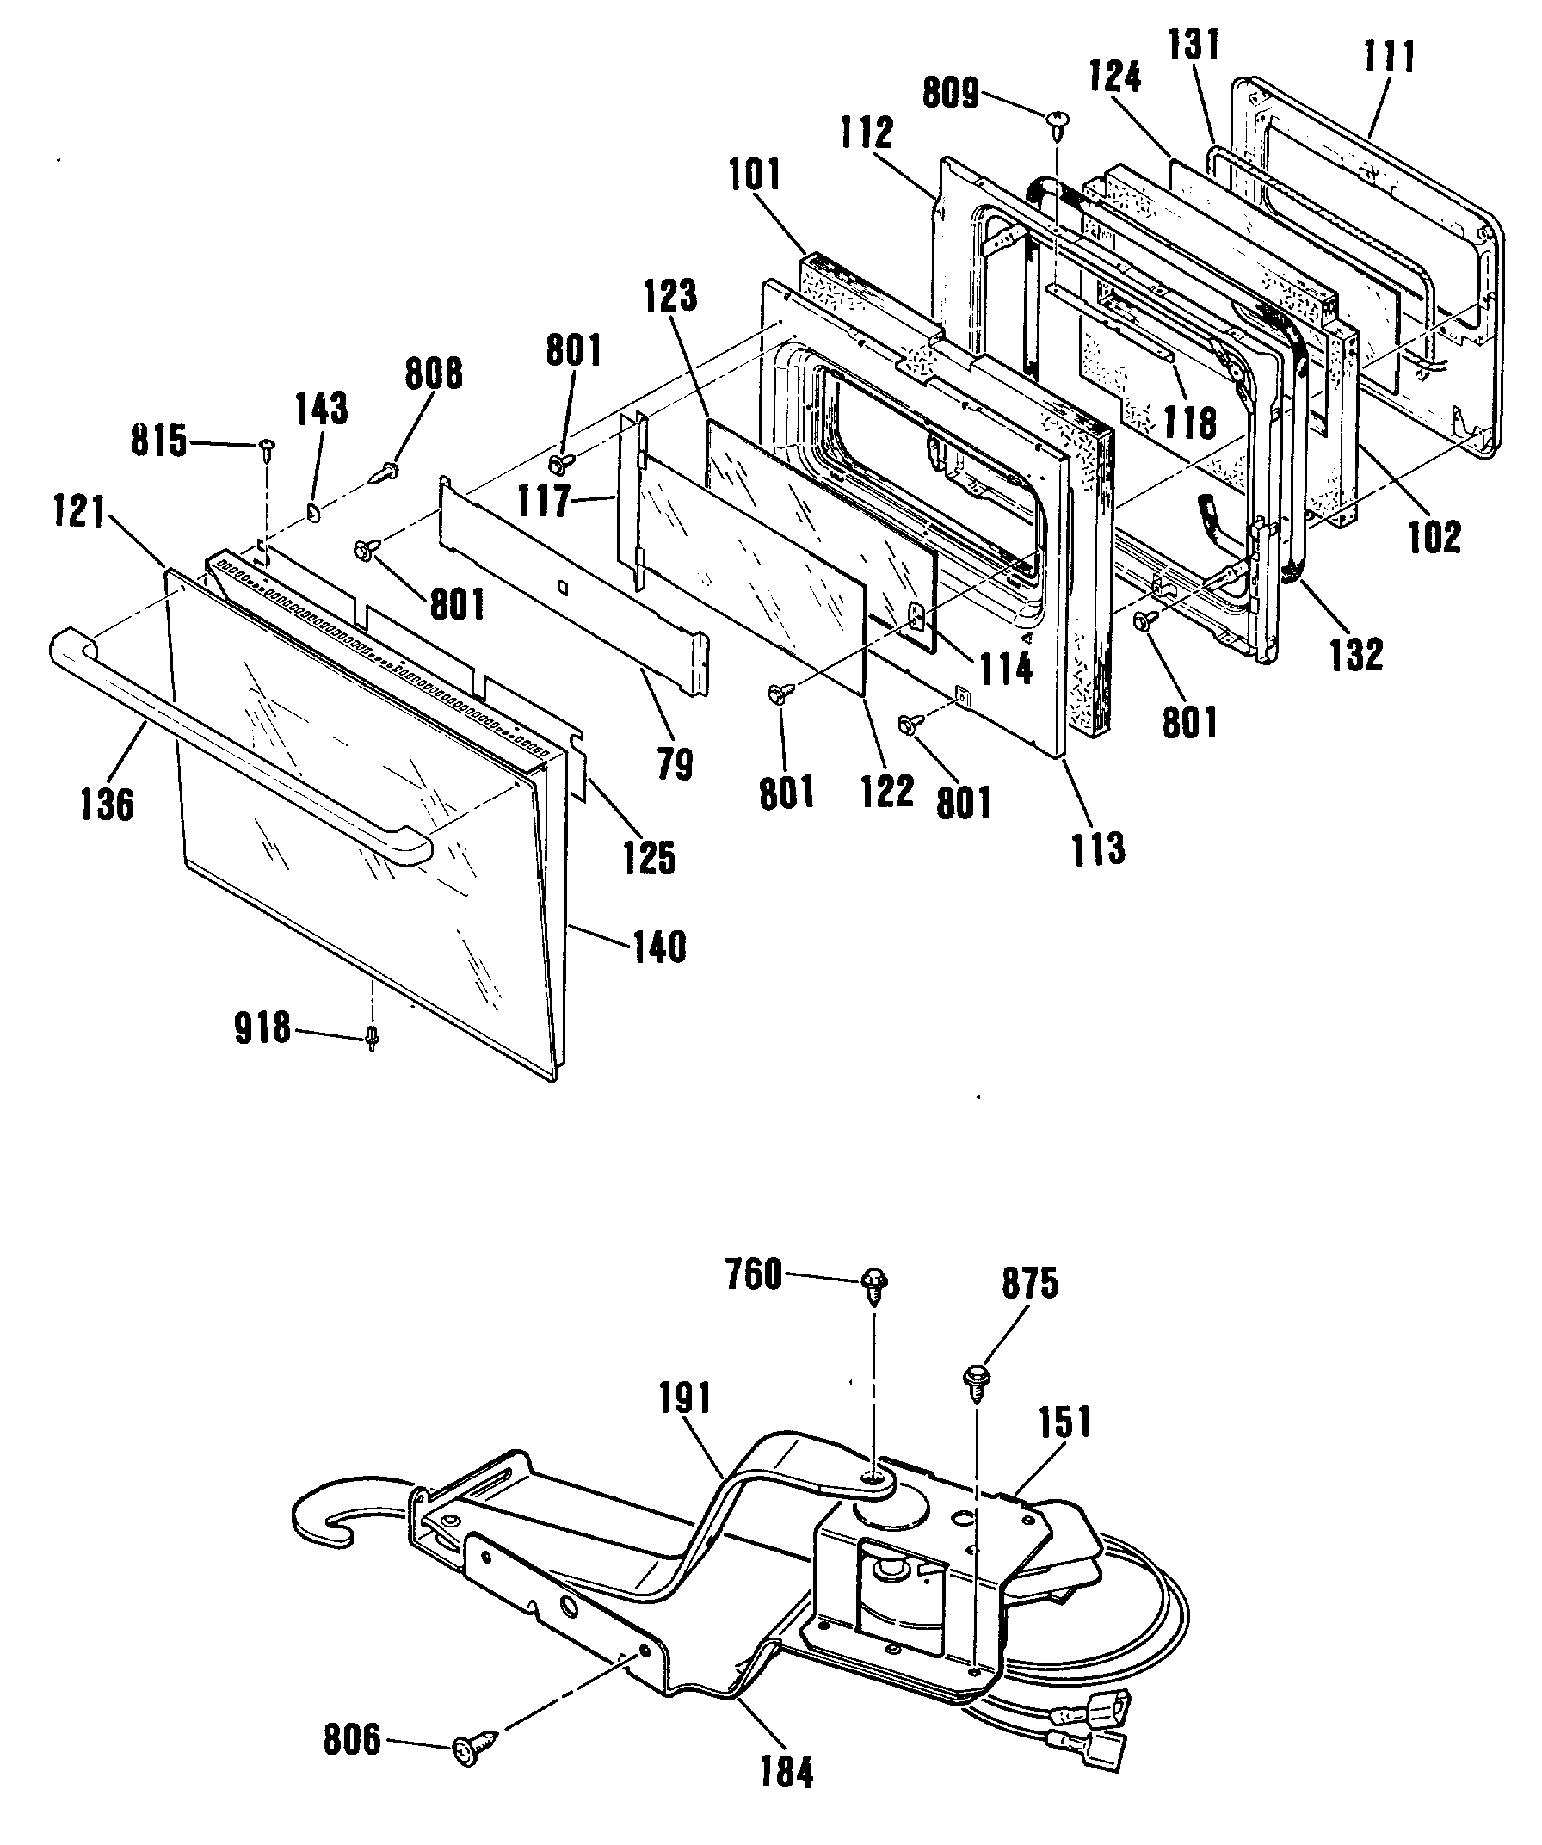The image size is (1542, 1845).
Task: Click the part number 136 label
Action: pos(108,805)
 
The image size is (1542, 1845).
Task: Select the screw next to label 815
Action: pos(264,449)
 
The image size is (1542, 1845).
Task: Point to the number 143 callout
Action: pos(323,410)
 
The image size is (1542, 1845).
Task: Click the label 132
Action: pos(1357,654)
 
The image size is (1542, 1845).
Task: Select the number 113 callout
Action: pos(1098,848)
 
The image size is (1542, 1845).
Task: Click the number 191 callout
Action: pos(685,1399)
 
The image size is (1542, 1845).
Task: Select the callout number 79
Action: pos(675,764)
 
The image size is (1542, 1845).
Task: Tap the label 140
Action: pos(659,947)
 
